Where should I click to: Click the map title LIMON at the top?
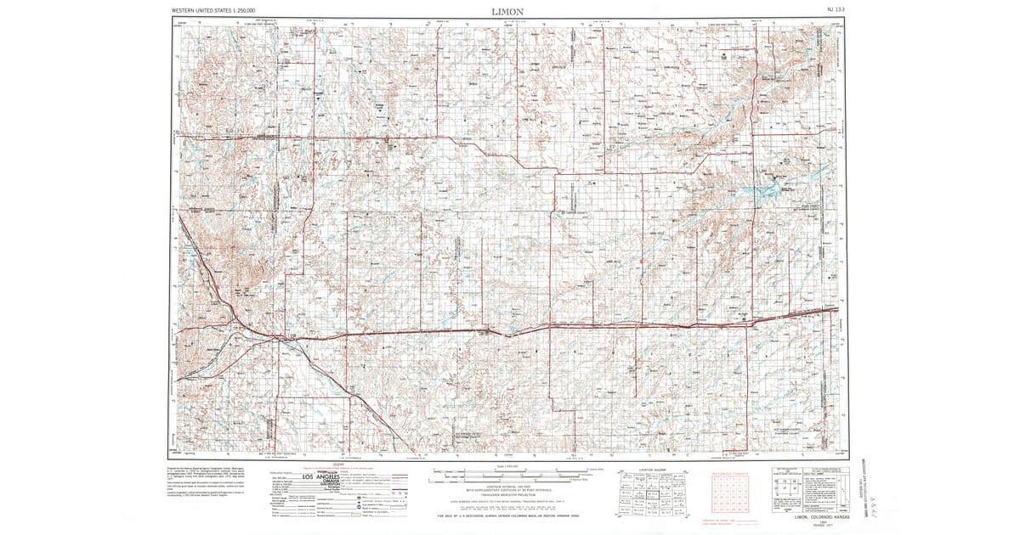507,11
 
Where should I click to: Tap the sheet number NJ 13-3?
836,10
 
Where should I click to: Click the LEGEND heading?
338,465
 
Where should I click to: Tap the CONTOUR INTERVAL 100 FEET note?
507,483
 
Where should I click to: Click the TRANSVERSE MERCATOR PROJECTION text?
507,493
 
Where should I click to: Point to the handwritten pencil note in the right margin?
870,484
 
